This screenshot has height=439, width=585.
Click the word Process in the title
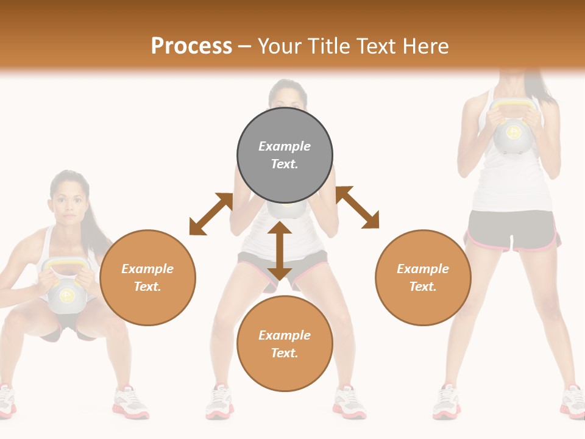[191, 46]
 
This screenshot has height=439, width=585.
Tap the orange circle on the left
[147, 277]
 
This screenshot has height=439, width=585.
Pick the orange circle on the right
[423, 277]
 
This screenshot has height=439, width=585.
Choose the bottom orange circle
[285, 344]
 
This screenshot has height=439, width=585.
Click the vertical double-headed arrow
[280, 251]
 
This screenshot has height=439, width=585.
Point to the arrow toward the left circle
[211, 214]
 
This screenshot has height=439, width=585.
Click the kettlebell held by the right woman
[514, 131]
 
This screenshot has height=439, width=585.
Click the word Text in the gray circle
[284, 164]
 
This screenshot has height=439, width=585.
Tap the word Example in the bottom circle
[285, 335]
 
